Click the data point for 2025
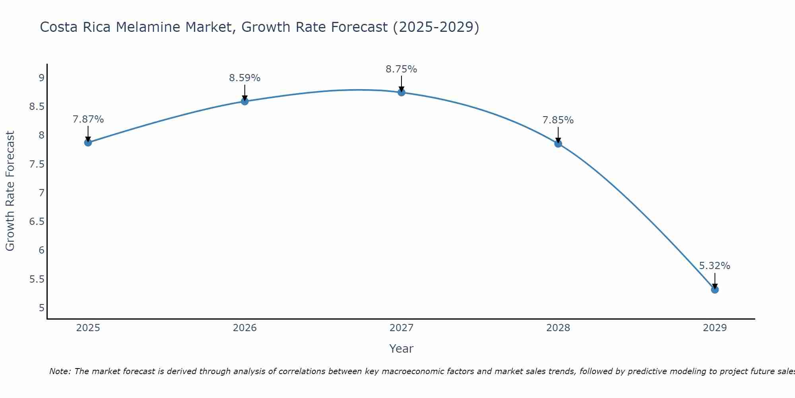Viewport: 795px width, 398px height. tap(88, 142)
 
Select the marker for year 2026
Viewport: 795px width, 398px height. tap(244, 101)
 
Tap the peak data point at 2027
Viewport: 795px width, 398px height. tap(401, 92)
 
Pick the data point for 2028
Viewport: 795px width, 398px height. tap(558, 144)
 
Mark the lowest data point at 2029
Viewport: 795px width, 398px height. tap(715, 289)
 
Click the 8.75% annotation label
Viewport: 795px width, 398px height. tap(401, 69)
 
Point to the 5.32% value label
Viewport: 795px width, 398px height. tap(715, 266)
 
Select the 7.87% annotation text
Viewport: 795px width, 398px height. tap(88, 119)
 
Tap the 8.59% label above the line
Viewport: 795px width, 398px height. tap(244, 78)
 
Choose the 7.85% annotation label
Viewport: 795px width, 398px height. tap(558, 120)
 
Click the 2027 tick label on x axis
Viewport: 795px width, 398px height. tap(401, 328)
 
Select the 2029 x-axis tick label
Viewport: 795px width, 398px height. tap(715, 328)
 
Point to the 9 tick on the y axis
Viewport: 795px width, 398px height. tap(41, 78)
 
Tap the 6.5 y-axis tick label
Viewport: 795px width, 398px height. tap(37, 222)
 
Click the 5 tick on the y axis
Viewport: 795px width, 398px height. tap(41, 308)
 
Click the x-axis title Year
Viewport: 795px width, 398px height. tap(401, 349)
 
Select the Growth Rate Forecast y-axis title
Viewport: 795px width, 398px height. tap(10, 191)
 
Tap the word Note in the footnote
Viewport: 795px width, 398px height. tap(60, 371)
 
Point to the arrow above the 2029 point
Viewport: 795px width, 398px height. tap(715, 281)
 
